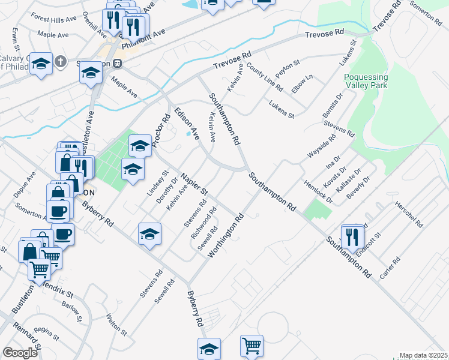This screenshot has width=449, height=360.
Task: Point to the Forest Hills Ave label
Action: [53, 19]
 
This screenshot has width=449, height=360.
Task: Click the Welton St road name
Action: [116, 324]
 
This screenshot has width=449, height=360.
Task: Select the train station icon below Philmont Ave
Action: [118, 63]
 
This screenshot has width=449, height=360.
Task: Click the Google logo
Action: [20, 353]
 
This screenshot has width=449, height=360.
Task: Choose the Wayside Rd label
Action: [321, 145]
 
